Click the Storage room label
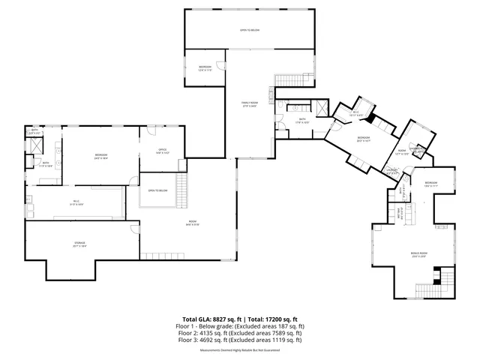click(80, 244)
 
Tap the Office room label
click(162, 151)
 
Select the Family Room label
click(249, 104)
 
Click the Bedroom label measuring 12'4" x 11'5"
click(205, 68)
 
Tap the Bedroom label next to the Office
click(101, 157)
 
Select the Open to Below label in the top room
click(249, 30)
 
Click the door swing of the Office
click(151, 130)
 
